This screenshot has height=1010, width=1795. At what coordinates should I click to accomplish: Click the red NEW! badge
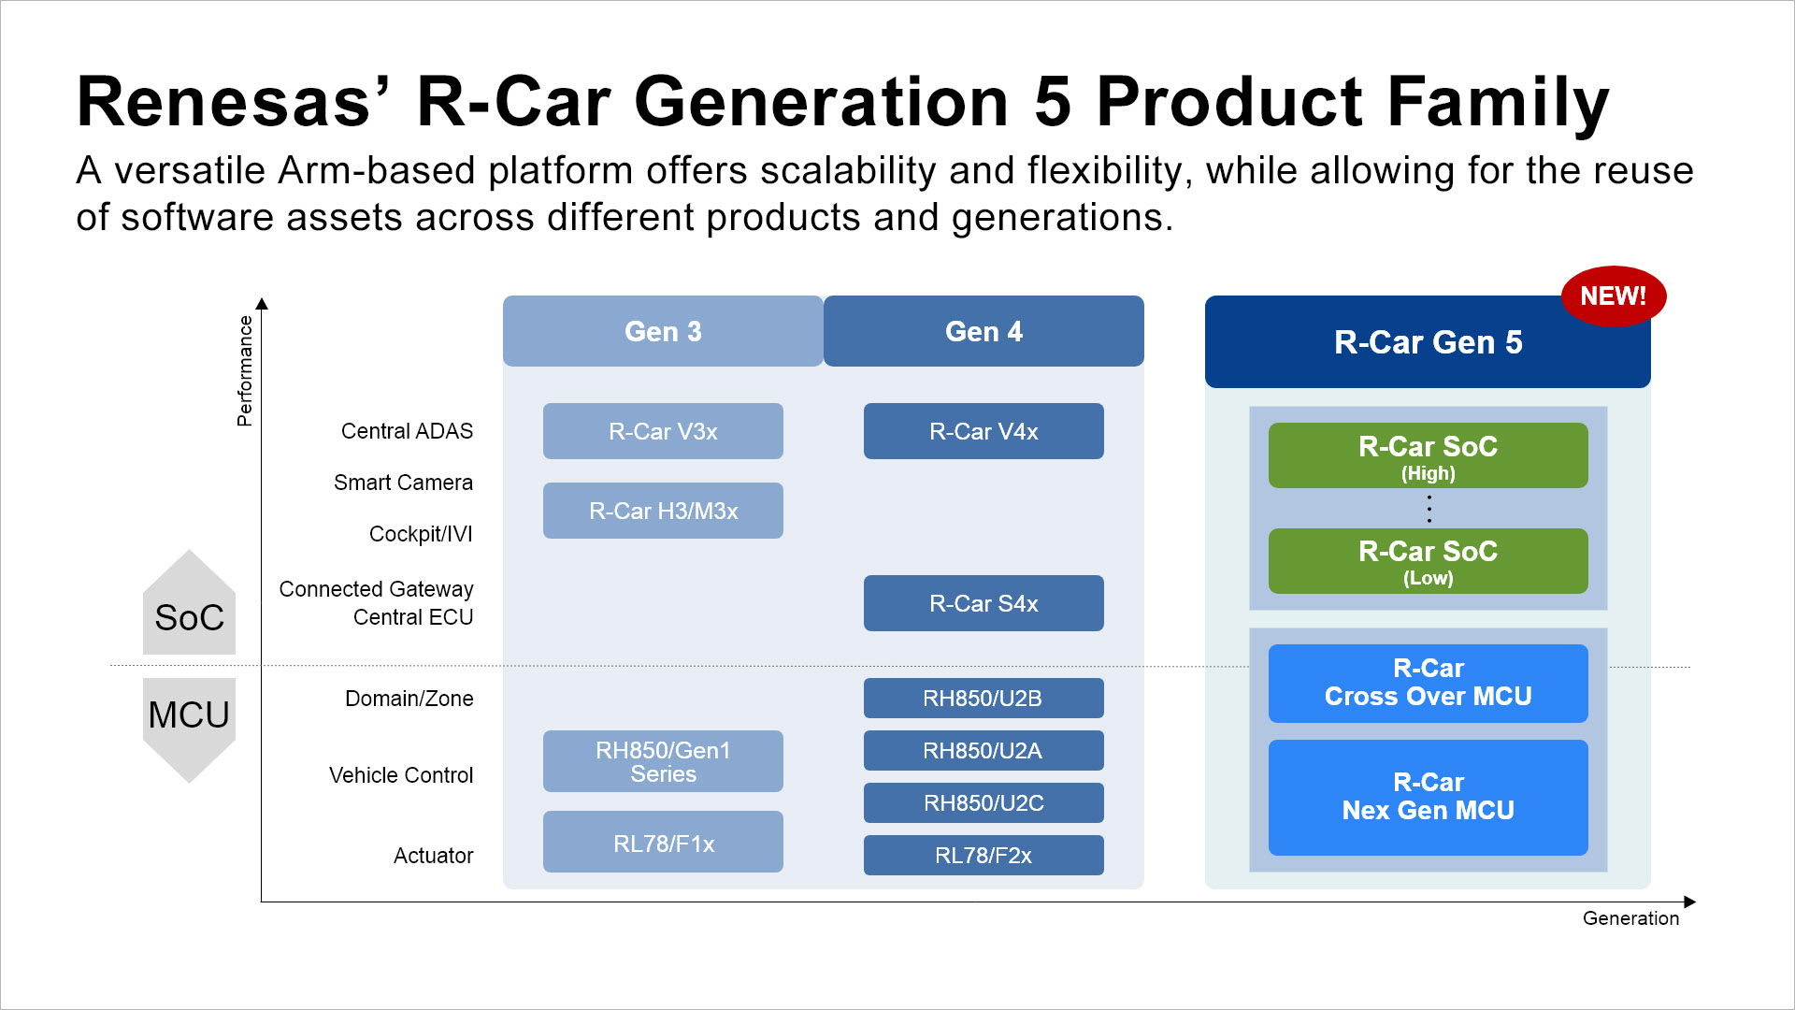1613,296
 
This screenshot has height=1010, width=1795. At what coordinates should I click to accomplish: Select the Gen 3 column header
663,331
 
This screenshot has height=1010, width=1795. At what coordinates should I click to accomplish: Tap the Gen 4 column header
984,331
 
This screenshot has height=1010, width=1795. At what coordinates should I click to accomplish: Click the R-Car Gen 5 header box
1427,342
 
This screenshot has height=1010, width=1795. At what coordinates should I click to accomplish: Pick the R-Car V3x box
663,431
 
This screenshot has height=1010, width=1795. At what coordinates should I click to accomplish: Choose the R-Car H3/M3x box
663,511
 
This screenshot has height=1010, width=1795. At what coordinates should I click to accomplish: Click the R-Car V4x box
984,431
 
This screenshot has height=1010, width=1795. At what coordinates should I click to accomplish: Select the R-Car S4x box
984,603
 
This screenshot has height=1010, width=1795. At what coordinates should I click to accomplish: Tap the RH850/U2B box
984,698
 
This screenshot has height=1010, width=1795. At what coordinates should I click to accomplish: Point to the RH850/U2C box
984,802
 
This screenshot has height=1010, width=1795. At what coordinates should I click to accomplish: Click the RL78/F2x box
984,855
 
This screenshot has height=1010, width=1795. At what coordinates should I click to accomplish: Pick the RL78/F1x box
663,843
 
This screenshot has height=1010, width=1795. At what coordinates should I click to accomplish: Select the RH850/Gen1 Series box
663,761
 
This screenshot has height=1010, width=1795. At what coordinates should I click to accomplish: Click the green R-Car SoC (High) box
1428,455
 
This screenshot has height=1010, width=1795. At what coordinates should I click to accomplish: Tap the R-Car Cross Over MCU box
1428,683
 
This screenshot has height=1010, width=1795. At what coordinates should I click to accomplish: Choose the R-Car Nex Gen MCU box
1428,797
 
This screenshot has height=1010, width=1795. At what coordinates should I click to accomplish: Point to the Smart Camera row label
403,483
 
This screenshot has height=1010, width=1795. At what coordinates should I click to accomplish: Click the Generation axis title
1630,918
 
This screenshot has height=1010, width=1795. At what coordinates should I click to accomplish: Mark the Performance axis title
245,370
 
